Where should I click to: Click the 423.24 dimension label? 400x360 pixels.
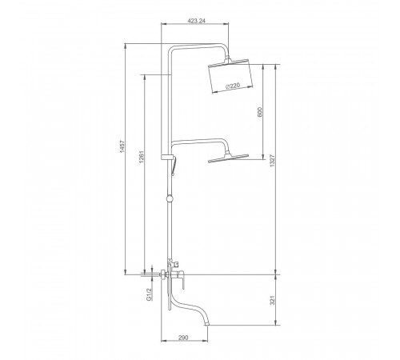197,21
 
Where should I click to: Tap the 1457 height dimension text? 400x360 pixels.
122,146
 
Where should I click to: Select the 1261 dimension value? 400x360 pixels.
142,157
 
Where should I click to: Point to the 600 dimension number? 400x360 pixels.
260,112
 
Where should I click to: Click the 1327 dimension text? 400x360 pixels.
272,161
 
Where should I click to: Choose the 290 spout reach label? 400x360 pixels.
183,338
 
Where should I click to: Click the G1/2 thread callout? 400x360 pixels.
150,294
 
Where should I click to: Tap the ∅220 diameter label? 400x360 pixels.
233,86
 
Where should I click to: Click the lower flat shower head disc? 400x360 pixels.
228,158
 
